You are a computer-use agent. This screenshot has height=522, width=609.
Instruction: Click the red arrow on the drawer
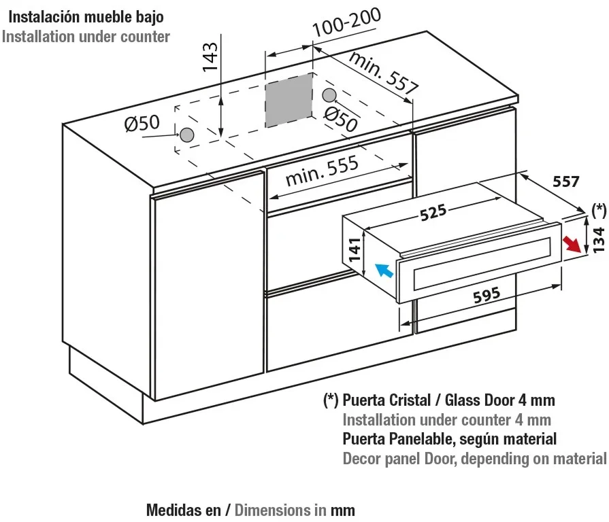point(575,245)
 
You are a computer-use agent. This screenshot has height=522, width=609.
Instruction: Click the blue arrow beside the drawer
point(384,271)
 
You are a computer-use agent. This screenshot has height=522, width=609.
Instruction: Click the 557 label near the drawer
point(565,181)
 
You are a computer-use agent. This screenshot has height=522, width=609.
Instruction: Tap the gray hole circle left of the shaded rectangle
point(186,135)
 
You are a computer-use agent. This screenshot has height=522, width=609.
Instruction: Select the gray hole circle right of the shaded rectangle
point(329,94)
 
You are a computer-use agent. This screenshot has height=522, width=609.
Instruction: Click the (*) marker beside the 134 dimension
point(599,211)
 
